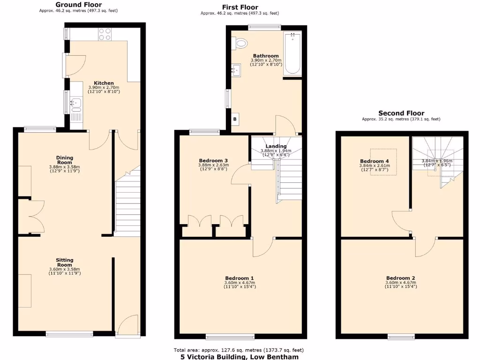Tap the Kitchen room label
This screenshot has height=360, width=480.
coord(104,83)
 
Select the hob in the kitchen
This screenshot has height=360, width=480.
coord(105,35)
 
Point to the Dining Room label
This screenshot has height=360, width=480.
coord(65,160)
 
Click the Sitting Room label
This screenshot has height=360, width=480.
coord(65,262)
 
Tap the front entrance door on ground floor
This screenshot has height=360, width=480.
coord(128,326)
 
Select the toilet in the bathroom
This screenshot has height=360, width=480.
coord(241,44)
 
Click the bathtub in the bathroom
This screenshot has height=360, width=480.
coord(292,53)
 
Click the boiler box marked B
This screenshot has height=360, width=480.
coord(235,119)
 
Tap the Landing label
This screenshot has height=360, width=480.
coord(276,146)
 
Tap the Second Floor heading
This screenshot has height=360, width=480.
coord(401,113)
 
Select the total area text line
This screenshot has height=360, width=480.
coord(239,350)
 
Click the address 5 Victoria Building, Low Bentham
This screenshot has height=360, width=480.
coord(239,356)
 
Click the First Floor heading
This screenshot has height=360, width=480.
coord(240,7)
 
